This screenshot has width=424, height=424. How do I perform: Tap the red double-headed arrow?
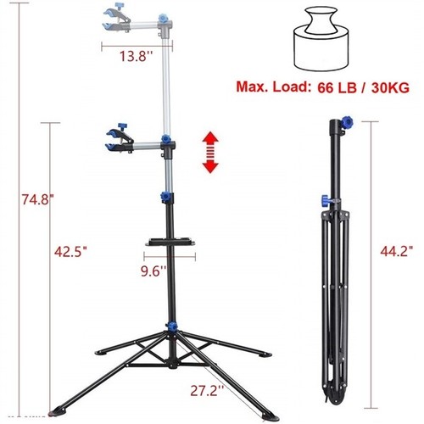coord(209,152)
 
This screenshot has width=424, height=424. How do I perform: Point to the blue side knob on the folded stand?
coord(324,200)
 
